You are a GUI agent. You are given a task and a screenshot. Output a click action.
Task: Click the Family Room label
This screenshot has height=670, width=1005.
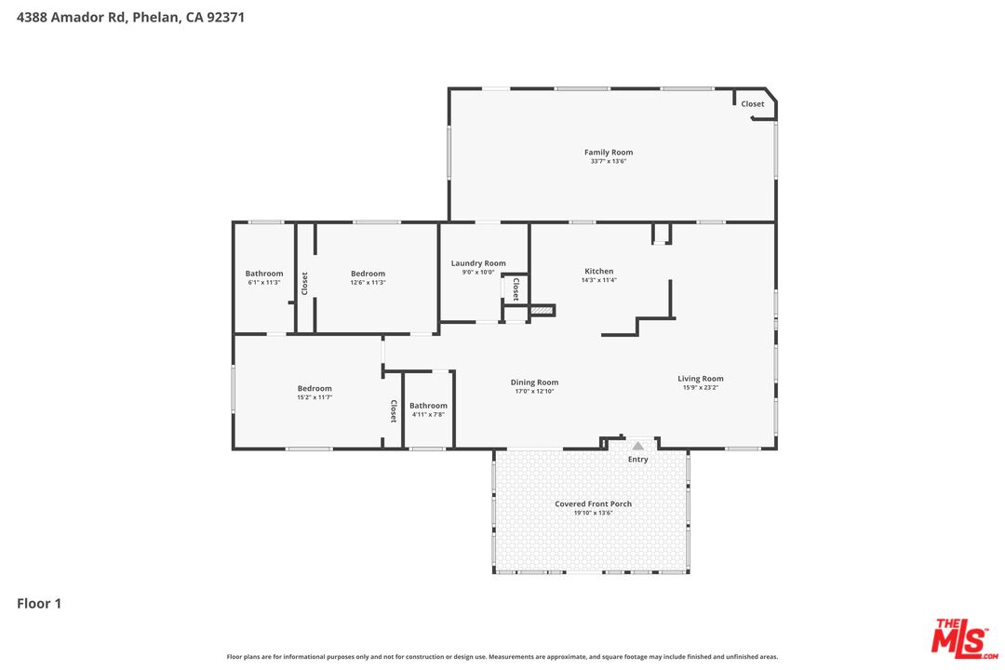[609, 152]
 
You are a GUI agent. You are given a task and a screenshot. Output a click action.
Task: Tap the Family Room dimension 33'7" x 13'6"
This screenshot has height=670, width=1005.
[609, 161]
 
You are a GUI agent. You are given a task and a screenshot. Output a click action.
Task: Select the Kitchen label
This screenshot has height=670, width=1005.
[599, 271]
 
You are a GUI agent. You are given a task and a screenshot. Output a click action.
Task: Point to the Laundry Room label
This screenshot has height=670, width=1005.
[478, 263]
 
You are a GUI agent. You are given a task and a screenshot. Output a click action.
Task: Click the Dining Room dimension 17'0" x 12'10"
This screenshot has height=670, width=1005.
[534, 391]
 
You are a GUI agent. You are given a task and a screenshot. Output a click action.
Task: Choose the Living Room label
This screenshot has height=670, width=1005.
[701, 379]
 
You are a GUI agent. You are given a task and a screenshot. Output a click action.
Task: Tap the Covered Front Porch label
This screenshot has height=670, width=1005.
[593, 503]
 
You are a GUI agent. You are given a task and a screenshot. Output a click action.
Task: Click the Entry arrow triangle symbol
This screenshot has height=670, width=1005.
[638, 447]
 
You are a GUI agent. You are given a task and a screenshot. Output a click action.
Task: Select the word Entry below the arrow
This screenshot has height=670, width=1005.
[638, 460]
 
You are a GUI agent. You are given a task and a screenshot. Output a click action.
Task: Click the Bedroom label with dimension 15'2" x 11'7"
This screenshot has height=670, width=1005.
[315, 388]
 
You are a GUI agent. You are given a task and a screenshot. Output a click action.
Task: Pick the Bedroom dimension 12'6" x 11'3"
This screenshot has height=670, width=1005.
[368, 283]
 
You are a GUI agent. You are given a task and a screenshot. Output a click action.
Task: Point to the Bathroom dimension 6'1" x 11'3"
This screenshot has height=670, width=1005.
[264, 283]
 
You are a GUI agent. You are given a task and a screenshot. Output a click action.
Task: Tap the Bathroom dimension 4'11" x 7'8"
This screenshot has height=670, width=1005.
[428, 414]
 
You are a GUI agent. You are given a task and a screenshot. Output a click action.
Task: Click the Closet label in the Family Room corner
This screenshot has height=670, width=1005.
[753, 104]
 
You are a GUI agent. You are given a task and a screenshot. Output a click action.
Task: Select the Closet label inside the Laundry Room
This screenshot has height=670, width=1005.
[516, 288]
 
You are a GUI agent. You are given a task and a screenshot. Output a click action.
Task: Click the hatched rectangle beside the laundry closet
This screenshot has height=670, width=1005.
[543, 309]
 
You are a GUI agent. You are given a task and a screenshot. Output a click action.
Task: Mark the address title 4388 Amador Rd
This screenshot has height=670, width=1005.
[130, 17]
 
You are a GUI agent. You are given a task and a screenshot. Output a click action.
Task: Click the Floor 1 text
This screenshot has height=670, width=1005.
[39, 604]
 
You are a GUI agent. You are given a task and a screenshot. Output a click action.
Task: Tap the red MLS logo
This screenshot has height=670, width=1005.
[963, 636]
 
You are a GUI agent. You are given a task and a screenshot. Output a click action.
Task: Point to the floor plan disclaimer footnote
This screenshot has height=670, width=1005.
[502, 657]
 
